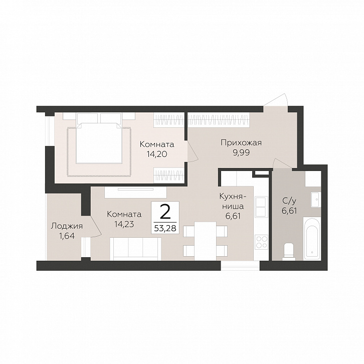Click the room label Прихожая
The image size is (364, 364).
point(241,143)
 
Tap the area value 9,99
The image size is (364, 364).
point(241,153)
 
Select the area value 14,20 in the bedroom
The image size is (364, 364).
point(157,154)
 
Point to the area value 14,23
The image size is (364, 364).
point(124,224)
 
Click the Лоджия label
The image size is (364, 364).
point(67,226)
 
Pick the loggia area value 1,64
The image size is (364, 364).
point(67,236)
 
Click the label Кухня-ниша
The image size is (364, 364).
point(232,201)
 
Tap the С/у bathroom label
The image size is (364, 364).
point(289,200)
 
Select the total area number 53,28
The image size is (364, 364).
point(165,229)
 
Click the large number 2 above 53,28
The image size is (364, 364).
point(165,213)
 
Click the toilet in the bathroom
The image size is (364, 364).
point(289,251)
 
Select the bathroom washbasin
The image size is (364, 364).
point(316,199)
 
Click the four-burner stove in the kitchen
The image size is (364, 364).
point(261,242)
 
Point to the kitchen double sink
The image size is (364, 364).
point(261,206)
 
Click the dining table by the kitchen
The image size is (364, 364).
point(205,241)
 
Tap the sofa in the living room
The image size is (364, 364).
point(135,249)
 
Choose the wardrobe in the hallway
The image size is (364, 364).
point(219,120)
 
